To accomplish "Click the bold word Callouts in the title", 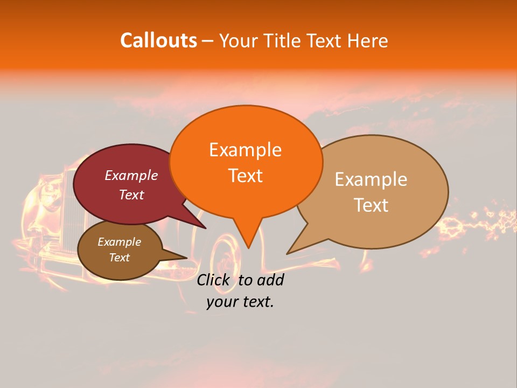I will [158, 40].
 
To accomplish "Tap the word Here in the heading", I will [368, 40].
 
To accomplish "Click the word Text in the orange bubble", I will [245, 176].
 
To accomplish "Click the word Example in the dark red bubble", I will [131, 175].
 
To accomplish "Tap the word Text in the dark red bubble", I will [131, 195].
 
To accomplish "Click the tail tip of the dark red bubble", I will [206, 228].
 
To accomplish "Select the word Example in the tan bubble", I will [371, 179].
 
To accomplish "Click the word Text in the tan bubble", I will [371, 205].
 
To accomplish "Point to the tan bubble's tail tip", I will [288, 253].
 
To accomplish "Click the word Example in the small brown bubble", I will [119, 242].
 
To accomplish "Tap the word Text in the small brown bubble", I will [119, 258].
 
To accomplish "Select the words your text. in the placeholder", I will [240, 302].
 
